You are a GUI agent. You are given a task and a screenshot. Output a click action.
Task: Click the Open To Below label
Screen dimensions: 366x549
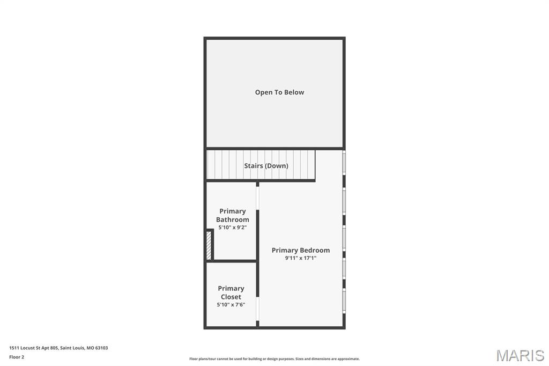click(x=279, y=92)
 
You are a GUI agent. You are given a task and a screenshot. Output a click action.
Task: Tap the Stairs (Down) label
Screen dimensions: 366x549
click(x=266, y=166)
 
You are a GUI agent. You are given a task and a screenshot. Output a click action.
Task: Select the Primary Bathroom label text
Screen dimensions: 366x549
click(x=232, y=215)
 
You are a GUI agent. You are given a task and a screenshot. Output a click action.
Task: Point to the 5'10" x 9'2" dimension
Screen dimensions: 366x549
click(x=232, y=228)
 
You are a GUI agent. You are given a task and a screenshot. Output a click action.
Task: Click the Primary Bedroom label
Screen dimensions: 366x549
click(x=300, y=250)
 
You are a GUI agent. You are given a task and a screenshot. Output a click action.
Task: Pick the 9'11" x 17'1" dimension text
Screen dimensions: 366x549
click(x=300, y=258)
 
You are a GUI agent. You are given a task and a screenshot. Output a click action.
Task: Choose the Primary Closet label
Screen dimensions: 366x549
click(x=231, y=292)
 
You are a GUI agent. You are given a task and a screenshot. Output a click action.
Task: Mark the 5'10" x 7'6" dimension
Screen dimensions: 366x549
click(x=231, y=305)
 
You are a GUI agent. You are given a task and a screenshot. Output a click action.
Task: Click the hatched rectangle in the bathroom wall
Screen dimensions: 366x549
click(x=209, y=245)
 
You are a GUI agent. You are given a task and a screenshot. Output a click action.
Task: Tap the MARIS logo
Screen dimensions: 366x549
click(x=520, y=355)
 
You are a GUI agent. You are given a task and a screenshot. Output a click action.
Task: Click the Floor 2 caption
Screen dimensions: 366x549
click(x=17, y=357)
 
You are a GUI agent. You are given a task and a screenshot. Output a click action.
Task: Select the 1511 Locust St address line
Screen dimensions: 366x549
click(x=58, y=348)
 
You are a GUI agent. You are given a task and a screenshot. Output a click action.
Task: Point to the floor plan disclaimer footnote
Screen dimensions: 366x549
click(x=274, y=359)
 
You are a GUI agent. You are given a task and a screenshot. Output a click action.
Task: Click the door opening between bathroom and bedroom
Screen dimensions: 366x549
click(x=258, y=197)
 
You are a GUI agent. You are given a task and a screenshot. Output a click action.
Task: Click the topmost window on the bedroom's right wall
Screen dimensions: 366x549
click(x=344, y=163)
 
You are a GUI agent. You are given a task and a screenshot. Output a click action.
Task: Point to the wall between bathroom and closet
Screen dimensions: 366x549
click(x=232, y=261)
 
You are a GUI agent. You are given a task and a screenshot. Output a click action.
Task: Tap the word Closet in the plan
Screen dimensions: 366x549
click(x=231, y=297)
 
